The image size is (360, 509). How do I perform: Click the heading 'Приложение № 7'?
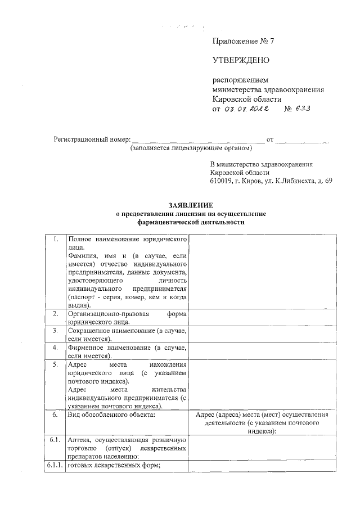tap(242, 41)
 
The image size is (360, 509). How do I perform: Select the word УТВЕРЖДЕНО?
tap(241, 60)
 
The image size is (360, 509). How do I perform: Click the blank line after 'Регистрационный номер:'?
tap(197, 139)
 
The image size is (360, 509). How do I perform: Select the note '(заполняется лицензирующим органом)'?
tap(191, 148)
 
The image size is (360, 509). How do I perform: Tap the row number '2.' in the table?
tap(56, 313)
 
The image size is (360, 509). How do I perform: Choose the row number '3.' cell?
tap(56, 331)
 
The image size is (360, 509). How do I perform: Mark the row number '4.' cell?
tap(56, 348)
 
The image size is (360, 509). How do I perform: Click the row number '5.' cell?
tap(56, 364)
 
